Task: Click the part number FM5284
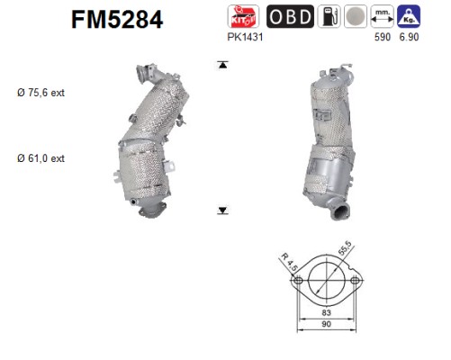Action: point(117,19)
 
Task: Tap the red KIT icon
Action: point(243,16)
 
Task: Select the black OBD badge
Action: point(290,16)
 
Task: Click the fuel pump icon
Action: point(329,16)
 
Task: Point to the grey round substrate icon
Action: point(356,16)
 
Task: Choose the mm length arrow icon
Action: point(382,16)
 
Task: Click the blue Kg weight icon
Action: point(409,16)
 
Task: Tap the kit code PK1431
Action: point(245,37)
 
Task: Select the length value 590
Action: point(383,37)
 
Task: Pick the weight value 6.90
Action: point(409,37)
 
